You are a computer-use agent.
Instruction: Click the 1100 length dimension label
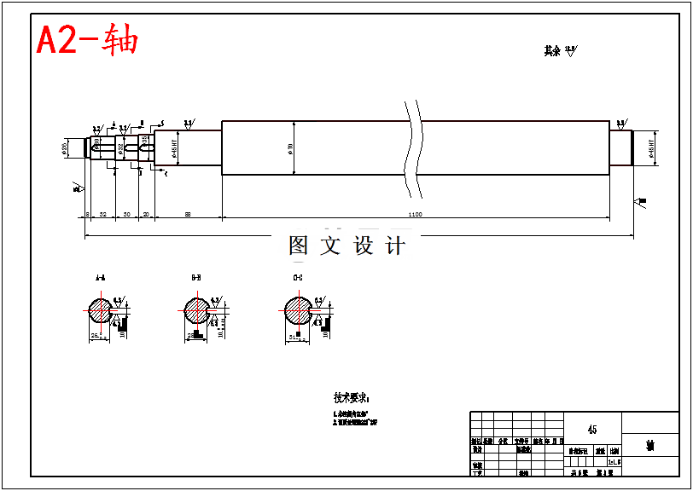pos(415,214)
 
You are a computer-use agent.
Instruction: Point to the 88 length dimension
pos(188,214)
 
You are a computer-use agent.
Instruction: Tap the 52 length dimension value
pos(102,214)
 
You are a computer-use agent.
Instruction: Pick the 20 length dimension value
pos(146,214)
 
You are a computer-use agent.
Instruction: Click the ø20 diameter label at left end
pos(66,149)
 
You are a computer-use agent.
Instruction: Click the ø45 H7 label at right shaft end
pos(653,148)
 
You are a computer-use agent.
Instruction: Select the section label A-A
pos(101,278)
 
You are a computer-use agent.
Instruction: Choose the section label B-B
pos(196,278)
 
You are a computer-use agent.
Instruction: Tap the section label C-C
pos(297,278)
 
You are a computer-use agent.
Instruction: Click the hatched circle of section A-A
pos(100,310)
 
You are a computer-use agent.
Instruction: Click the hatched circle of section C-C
pos(297,310)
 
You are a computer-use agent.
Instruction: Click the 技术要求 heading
pos(352,397)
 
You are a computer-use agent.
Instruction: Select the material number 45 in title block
pos(592,430)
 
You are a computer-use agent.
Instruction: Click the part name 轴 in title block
pos(649,446)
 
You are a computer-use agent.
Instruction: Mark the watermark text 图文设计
pos(346,246)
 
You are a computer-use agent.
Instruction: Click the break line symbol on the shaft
pos(415,147)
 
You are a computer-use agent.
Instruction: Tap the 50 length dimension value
pos(127,214)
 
